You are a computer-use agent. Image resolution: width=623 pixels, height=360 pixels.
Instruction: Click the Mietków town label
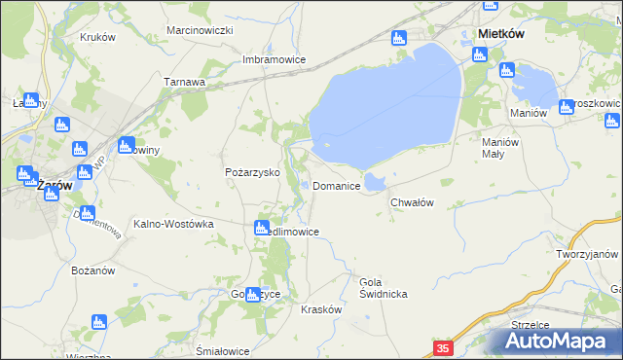pyautogui.click(x=502, y=33)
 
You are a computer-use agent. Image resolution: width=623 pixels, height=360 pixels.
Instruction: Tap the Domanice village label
pyautogui.click(x=337, y=185)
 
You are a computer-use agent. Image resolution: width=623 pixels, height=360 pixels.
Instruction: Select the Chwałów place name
pyautogui.click(x=411, y=202)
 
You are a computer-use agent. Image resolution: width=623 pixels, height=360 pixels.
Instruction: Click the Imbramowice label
pyautogui.click(x=275, y=59)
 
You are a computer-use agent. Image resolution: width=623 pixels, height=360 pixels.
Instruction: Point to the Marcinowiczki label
pyautogui.click(x=199, y=30)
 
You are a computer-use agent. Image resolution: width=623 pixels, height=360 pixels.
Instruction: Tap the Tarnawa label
pyautogui.click(x=184, y=83)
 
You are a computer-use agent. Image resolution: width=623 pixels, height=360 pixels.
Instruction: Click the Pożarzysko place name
pyautogui.click(x=253, y=172)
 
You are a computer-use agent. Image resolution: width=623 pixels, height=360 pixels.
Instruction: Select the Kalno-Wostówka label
pyautogui.click(x=173, y=223)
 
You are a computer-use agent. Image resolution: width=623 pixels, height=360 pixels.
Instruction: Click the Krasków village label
pyautogui.click(x=321, y=308)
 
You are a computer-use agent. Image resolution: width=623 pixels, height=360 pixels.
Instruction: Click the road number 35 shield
pyautogui.click(x=443, y=347)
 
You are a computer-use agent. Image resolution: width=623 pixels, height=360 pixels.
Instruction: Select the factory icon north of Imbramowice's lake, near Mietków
pyautogui.click(x=396, y=40)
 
